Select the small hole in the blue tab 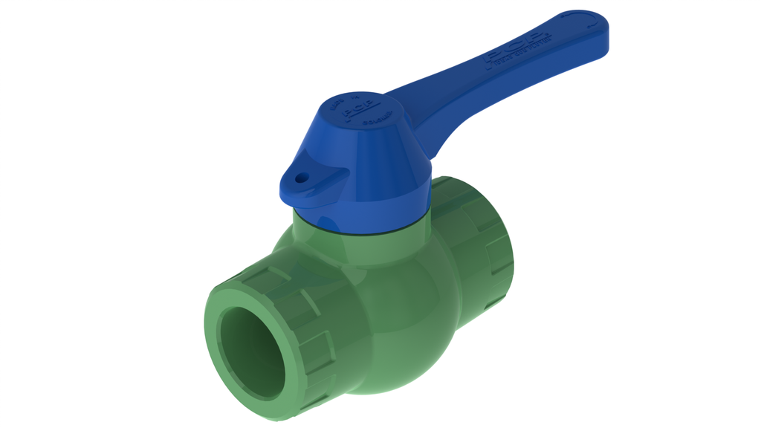pyautogui.click(x=301, y=178)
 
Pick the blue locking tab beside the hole pyautogui.click(x=316, y=186)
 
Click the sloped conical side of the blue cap pyautogui.click(x=372, y=163)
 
